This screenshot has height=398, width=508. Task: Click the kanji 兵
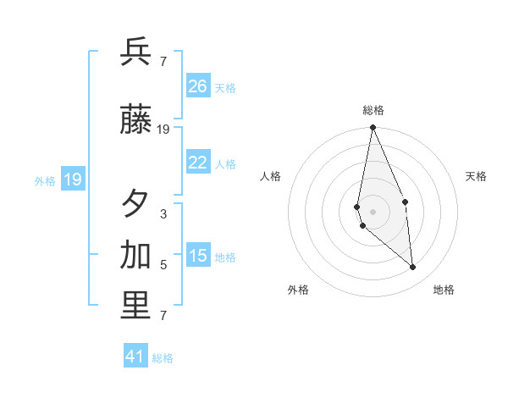pyautogui.click(x=136, y=53)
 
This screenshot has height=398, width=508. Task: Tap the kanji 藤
pyautogui.click(x=136, y=122)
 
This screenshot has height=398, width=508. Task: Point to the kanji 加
pyautogui.click(x=136, y=255)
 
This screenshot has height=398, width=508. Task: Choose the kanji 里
pyautogui.click(x=136, y=307)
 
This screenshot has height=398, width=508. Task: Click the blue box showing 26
pyautogui.click(x=198, y=86)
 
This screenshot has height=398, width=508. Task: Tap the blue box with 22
pyautogui.click(x=198, y=163)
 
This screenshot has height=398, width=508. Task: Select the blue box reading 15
pyautogui.click(x=198, y=256)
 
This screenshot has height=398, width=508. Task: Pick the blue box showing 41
pyautogui.click(x=135, y=357)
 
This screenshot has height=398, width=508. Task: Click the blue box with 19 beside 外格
pyautogui.click(x=73, y=180)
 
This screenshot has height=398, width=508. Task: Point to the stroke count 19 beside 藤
pyautogui.click(x=163, y=130)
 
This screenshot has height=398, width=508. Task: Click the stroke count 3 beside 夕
pyautogui.click(x=163, y=214)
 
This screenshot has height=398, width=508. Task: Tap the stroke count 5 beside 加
pyautogui.click(x=163, y=265)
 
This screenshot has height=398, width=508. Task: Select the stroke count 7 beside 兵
pyautogui.click(x=163, y=61)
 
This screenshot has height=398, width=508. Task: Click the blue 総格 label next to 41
pyautogui.click(x=163, y=358)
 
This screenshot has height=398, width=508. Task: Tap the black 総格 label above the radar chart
pyautogui.click(x=373, y=110)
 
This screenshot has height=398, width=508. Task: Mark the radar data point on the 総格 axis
pyautogui.click(x=373, y=129)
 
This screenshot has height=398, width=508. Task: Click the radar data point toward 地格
pyautogui.click(x=413, y=268)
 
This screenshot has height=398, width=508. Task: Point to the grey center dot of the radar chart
pyautogui.click(x=373, y=211)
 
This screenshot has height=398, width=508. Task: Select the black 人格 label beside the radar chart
pyautogui.click(x=270, y=176)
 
